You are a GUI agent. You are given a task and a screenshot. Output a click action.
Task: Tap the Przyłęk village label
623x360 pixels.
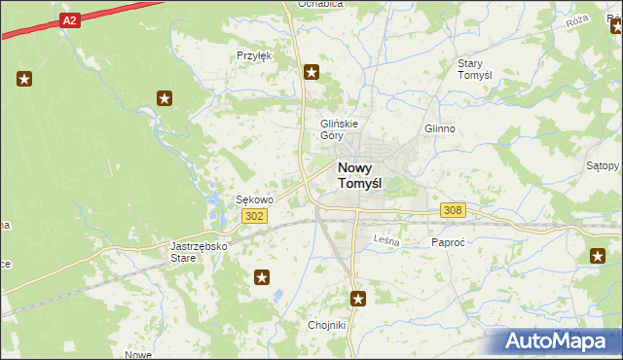click(254, 55)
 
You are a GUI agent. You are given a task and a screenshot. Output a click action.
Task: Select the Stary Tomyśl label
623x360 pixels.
click(478, 69)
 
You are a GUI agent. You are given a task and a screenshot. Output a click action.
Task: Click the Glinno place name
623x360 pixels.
click(440, 128)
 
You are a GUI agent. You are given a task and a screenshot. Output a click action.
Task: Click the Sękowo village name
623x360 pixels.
click(255, 199)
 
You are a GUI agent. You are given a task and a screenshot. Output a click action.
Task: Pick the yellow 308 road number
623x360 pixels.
click(453, 210)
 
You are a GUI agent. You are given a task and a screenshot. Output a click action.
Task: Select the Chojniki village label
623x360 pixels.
click(326, 325)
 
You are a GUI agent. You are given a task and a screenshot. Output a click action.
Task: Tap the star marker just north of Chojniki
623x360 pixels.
click(358, 300)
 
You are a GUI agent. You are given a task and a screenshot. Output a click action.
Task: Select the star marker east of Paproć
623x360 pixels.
click(597, 256)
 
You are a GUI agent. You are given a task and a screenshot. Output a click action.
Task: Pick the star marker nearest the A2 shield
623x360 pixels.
click(24, 79)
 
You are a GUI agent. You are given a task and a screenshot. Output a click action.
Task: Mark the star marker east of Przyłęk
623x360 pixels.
click(311, 71)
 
